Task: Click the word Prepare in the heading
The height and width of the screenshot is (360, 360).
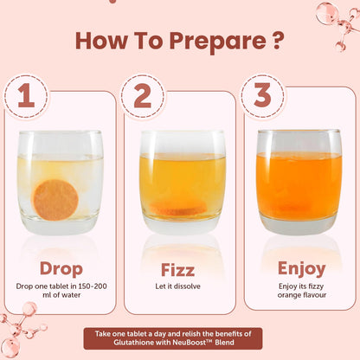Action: (218, 42)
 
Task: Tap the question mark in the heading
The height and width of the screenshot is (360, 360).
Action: (276, 41)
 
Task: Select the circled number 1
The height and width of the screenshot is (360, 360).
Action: (26, 96)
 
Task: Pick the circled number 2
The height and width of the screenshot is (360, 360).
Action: (143, 96)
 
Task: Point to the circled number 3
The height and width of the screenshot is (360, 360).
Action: (262, 95)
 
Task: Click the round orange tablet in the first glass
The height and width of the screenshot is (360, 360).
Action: (56, 200)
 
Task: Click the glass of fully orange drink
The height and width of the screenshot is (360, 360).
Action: (299, 182)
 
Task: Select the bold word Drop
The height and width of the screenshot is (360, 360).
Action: (61, 269)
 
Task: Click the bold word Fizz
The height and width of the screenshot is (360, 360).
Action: (177, 270)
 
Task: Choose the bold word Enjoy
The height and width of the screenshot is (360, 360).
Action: (302, 269)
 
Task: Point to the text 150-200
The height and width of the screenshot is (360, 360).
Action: (93, 286)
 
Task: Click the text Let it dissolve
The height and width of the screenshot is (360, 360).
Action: (177, 286)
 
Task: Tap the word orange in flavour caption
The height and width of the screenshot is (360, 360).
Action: (289, 295)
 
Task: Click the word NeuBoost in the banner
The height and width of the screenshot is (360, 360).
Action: (189, 343)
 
